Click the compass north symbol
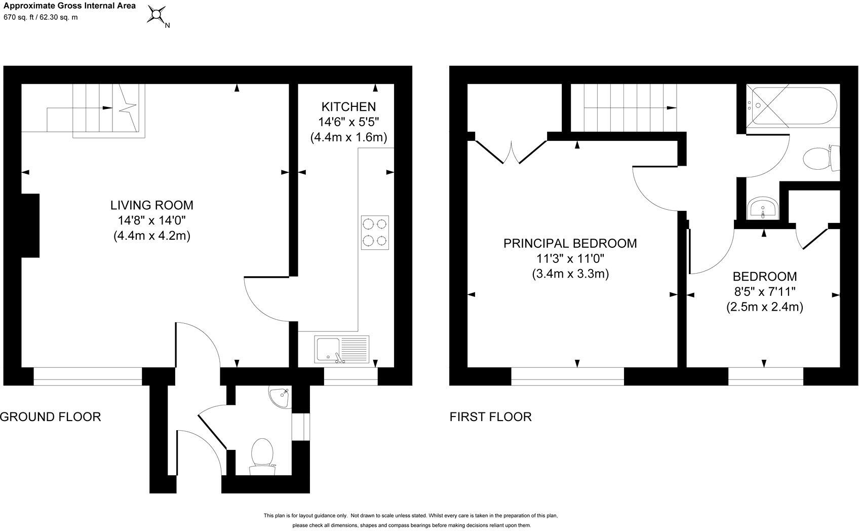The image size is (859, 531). coord(157,15)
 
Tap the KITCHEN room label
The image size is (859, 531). coord(348,107)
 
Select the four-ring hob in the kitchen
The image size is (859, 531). coord(375,233)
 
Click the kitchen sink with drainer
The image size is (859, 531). coord(341,349)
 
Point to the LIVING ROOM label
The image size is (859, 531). coord(152,205)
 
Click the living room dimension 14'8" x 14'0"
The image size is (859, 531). coord(152,220)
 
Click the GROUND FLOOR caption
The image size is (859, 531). coord(50,416)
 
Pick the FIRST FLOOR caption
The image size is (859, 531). coord(490,416)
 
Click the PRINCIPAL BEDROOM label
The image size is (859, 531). coord(570,243)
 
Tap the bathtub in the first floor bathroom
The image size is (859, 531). coord(793,106)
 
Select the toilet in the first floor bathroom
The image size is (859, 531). coord(821,158)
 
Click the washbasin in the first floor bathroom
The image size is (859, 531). coord(762,208)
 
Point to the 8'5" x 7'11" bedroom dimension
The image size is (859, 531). coord(765,292)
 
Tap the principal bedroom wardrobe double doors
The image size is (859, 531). coord(511,152)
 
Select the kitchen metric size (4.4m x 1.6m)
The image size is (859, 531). coord(348,137)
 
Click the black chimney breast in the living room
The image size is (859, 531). coord(30,225)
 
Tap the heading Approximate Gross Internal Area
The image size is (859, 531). coord(69,6)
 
